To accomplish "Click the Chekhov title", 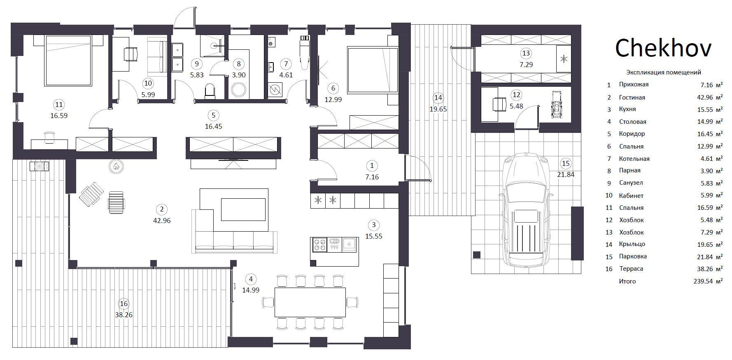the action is tap(663, 48).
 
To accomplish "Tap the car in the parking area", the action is tap(525, 211).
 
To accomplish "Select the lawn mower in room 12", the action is tap(557, 105).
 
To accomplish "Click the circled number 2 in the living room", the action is tap(162, 209).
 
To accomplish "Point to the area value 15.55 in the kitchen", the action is tap(374, 236).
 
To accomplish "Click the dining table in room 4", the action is tap(310, 302).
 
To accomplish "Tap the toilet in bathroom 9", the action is tap(210, 91).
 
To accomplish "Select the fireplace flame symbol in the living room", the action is tap(116, 166).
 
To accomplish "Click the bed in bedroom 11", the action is tap(68, 60).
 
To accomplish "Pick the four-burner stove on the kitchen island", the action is tap(320, 245).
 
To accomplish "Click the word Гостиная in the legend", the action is tap(632, 98).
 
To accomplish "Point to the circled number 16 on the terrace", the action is tap(124, 304).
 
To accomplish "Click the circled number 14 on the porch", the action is tap(438, 98).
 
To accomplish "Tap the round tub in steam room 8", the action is tap(239, 90).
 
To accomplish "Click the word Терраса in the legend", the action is tap(631, 269).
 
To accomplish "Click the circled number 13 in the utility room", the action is tap(526, 53).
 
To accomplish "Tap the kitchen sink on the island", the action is tap(350, 244).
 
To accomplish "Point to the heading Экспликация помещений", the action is tap(664, 72).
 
